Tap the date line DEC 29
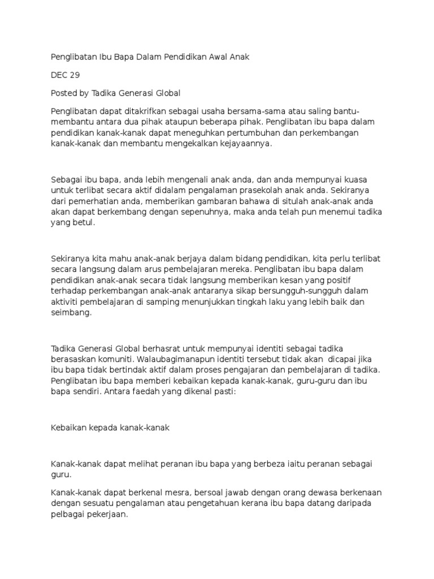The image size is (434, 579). click(66, 75)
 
